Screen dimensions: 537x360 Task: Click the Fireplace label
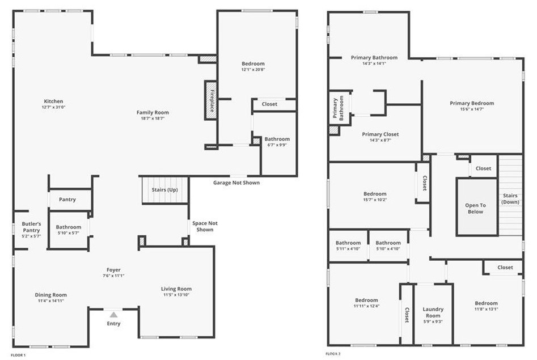212,101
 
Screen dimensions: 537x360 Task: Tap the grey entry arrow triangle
114,315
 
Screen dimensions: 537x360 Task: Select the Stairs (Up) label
165,190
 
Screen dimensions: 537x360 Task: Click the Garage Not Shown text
236,183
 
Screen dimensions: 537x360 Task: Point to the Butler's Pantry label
31,227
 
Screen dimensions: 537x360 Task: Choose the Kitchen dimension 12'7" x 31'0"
53,107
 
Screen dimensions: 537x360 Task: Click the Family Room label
153,112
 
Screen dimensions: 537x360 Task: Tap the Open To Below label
475,208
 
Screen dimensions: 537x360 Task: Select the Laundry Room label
433,312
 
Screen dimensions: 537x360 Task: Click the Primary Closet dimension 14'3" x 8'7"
380,140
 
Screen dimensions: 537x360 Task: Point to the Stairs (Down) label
510,198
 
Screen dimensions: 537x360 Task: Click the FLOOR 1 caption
18,355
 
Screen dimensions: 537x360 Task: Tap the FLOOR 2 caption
333,354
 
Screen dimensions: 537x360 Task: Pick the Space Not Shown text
205,226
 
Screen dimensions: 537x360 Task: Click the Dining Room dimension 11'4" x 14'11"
51,300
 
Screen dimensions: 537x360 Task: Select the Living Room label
176,289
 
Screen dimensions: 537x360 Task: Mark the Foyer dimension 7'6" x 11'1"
113,276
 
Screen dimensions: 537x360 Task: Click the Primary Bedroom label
472,103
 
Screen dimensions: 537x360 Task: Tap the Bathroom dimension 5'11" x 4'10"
348,249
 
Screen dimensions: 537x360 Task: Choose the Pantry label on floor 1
67,200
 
